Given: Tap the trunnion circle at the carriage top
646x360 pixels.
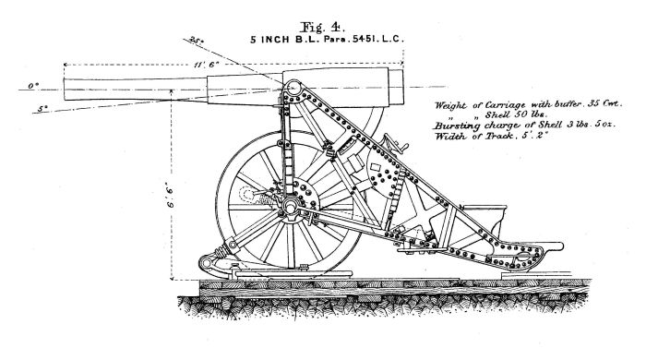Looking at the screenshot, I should pos(293,90).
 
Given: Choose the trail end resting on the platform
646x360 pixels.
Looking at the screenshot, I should pos(544,244).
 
